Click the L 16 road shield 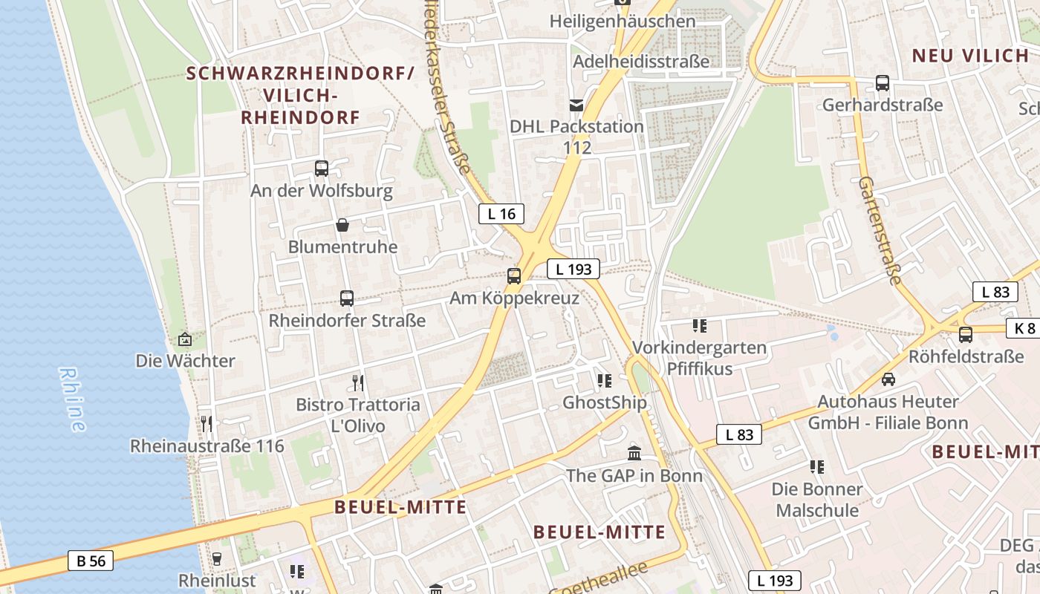click(501, 215)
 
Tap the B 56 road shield click(91, 561)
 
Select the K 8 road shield click(1024, 328)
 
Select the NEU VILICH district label click(969, 56)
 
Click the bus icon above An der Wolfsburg click(322, 169)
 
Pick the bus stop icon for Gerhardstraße click(883, 83)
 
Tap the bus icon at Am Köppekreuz click(514, 276)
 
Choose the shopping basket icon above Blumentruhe click(342, 224)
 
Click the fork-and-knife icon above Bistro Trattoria click(358, 383)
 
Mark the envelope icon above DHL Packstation click(576, 105)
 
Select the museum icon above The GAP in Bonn click(634, 453)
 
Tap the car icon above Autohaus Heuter click(888, 379)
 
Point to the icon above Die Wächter click(185, 339)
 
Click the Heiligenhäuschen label click(623, 22)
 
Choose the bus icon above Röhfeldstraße click(966, 335)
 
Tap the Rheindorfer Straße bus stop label click(347, 321)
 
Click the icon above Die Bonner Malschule click(817, 467)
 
